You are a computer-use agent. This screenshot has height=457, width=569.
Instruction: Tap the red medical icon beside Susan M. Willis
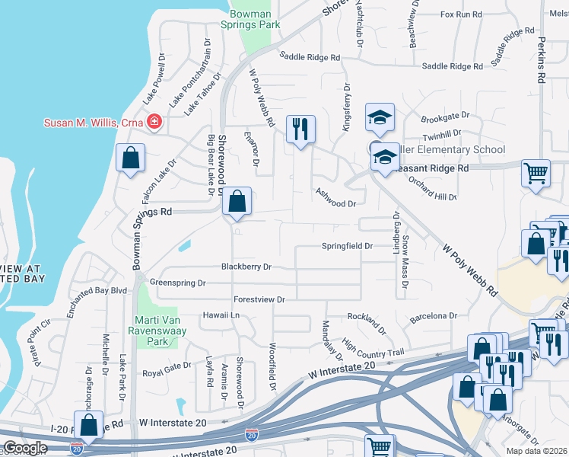pyautogui.click(x=154, y=122)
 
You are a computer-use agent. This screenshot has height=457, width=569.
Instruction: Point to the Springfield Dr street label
pyautogui.click(x=347, y=246)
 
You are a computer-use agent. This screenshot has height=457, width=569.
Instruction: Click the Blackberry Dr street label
pyautogui.click(x=246, y=267)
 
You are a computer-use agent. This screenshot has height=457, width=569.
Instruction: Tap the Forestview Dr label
pyautogui.click(x=259, y=299)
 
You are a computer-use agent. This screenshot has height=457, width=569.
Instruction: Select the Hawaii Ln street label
pyautogui.click(x=221, y=315)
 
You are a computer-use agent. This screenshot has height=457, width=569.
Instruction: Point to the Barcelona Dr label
pyautogui.click(x=433, y=315)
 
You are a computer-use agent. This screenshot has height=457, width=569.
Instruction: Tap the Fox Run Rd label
pyautogui.click(x=461, y=14)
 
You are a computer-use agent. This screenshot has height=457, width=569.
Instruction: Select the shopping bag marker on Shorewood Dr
pyautogui.click(x=237, y=203)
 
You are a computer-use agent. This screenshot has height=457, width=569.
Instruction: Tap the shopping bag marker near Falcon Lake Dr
pyautogui.click(x=130, y=158)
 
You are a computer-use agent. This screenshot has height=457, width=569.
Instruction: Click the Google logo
pyautogui.click(x=24, y=448)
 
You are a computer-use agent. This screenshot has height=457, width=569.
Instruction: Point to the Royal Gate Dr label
pyautogui.click(x=167, y=373)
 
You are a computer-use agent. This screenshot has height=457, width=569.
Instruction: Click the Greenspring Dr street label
pyautogui.click(x=178, y=283)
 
